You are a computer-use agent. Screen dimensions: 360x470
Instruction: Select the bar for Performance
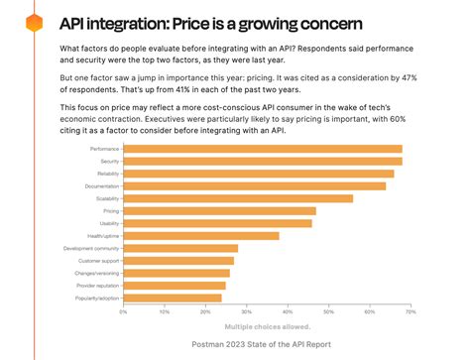tap(262, 149)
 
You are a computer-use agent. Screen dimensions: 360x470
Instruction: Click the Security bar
tap(262, 161)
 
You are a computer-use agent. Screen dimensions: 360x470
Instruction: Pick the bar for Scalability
tap(238, 197)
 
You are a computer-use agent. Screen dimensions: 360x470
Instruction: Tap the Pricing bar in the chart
tap(219, 210)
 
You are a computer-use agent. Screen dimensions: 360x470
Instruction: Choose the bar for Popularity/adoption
tap(173, 297)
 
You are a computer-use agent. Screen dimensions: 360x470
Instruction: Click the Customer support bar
tap(178, 260)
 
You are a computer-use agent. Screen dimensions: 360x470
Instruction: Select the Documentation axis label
tap(100, 185)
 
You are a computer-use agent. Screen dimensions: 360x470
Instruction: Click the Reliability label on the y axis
tap(104, 174)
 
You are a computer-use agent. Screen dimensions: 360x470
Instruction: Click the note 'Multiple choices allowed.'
tap(267, 325)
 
